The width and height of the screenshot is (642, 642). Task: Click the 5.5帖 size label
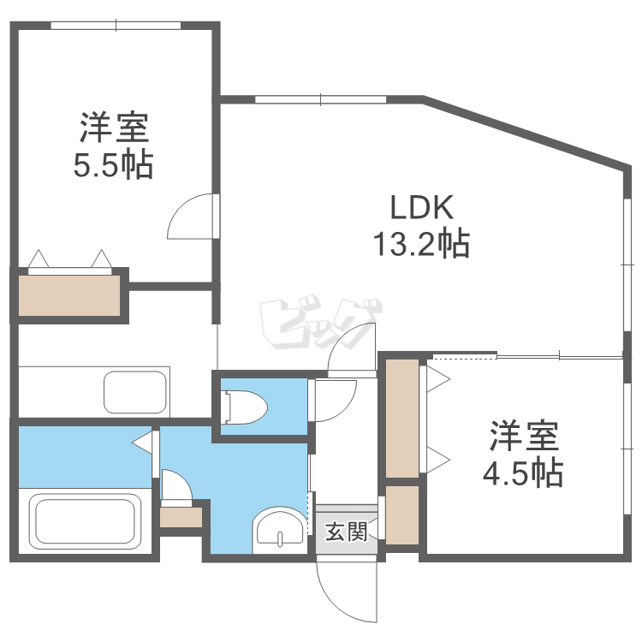tap(113, 164)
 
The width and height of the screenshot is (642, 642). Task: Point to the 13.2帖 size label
tap(420, 245)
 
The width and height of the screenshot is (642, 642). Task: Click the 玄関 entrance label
tap(347, 532)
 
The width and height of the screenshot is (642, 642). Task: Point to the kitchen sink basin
tap(135, 392)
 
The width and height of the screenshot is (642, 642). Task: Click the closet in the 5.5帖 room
tap(69, 295)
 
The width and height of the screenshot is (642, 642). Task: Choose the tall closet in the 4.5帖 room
tap(402, 419)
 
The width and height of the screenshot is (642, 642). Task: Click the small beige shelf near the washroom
tap(181, 517)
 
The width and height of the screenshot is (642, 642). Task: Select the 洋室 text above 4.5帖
tap(524, 436)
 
